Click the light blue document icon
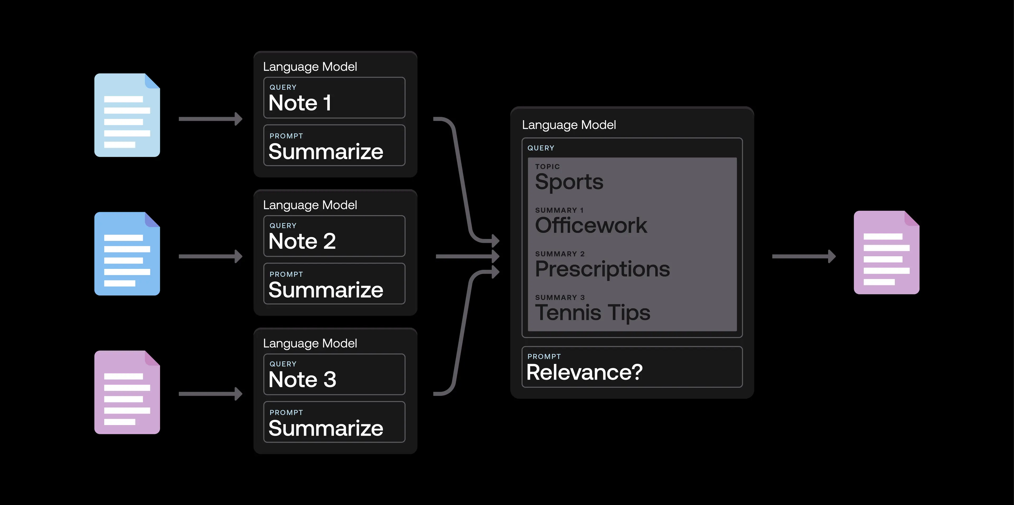click(127, 115)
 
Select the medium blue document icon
click(127, 254)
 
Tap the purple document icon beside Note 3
click(127, 393)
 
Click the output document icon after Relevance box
click(886, 253)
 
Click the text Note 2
click(302, 241)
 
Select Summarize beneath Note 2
click(326, 290)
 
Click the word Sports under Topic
click(569, 182)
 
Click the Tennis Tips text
click(592, 313)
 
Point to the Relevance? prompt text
click(584, 372)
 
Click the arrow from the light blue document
click(211, 119)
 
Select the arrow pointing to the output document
click(803, 257)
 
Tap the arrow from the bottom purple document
click(211, 394)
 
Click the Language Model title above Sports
click(569, 125)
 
